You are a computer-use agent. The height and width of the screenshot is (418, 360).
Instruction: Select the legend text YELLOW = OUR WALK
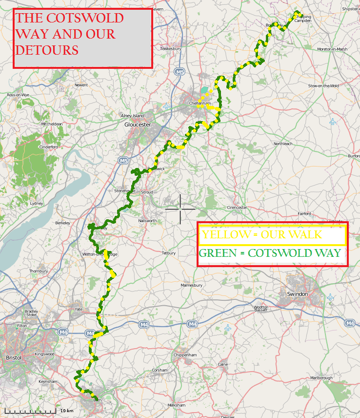(x=262, y=235)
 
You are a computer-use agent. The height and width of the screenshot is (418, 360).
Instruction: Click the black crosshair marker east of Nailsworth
(x=180, y=209)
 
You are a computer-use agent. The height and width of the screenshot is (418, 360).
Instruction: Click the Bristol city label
(x=13, y=357)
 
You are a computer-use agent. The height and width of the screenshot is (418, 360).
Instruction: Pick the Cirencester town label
(x=238, y=208)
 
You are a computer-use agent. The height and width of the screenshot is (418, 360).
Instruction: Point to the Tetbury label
(x=168, y=253)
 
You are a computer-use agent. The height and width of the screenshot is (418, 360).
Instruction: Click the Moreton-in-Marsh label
(x=332, y=49)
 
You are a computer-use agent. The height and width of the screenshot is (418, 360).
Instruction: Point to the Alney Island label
(x=132, y=116)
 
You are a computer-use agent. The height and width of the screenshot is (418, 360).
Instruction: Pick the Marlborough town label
(x=321, y=378)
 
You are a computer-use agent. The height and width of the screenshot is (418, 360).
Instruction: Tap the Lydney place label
(x=37, y=203)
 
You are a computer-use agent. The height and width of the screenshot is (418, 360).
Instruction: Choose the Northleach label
(x=283, y=144)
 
